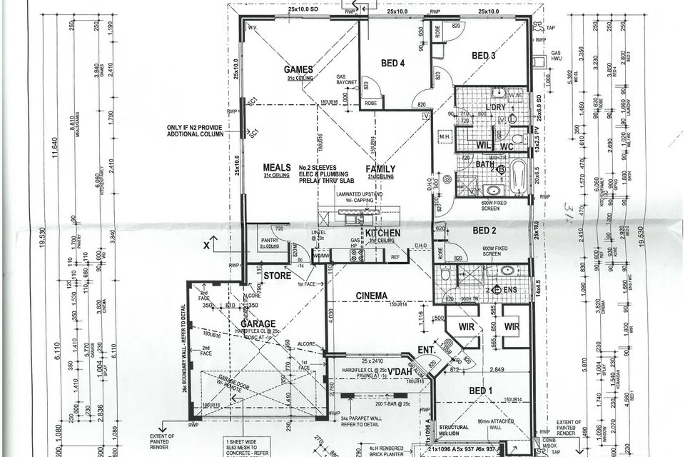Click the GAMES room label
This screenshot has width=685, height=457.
[x=299, y=70]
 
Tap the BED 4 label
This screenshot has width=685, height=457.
[x=392, y=64]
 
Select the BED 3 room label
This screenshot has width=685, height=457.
[x=483, y=56]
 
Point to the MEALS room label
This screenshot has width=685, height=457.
[x=276, y=168]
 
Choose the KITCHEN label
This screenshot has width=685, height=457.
[x=383, y=233]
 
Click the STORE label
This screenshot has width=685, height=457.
[x=277, y=274]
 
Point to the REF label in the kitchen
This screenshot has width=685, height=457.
[x=395, y=256]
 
